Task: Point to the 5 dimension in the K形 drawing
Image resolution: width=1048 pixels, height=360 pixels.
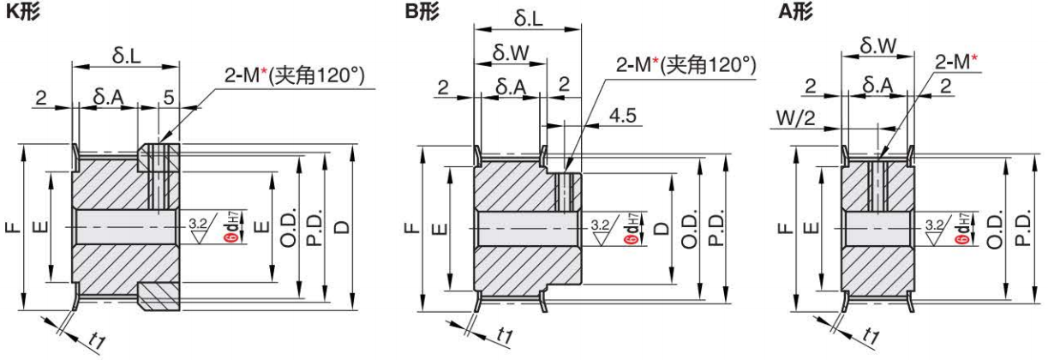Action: pos(170,98)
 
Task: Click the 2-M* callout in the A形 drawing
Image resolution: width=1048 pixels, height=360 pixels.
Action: pos(956,61)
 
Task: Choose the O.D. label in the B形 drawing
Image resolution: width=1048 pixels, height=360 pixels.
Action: pos(690,228)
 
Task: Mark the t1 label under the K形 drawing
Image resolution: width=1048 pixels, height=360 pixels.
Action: pos(97,339)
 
